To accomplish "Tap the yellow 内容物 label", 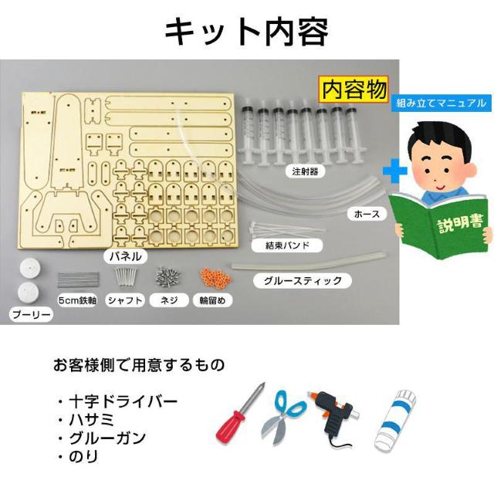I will [354, 89].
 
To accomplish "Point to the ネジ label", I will [170, 301].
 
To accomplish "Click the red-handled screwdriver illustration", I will [239, 418].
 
